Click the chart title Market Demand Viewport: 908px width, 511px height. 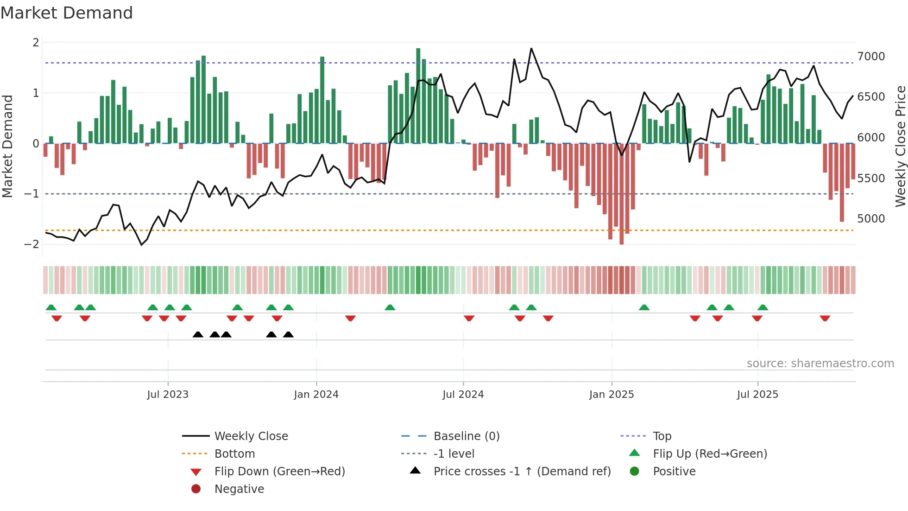click(67, 13)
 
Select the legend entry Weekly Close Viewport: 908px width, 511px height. click(251, 436)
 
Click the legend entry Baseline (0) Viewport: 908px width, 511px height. click(466, 436)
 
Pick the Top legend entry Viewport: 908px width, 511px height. click(662, 436)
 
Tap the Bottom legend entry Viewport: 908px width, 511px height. click(234, 454)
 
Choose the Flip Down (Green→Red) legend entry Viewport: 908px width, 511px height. click(279, 471)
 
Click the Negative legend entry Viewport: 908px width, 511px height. click(239, 489)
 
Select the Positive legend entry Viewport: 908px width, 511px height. click(674, 471)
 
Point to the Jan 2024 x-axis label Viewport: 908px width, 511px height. click(316, 394)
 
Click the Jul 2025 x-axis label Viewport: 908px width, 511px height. click(757, 394)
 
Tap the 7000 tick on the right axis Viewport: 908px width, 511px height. click(870, 57)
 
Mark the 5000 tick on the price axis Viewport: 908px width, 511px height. click(870, 218)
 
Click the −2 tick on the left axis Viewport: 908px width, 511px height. click(32, 244)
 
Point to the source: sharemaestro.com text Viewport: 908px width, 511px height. click(820, 363)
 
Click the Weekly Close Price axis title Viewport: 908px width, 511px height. click(900, 146)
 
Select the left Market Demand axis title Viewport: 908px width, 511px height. click(7, 146)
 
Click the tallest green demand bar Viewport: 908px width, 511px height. click(418, 95)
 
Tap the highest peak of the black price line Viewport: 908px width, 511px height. click(531, 48)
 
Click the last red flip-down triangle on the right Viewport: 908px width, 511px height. click(825, 318)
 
